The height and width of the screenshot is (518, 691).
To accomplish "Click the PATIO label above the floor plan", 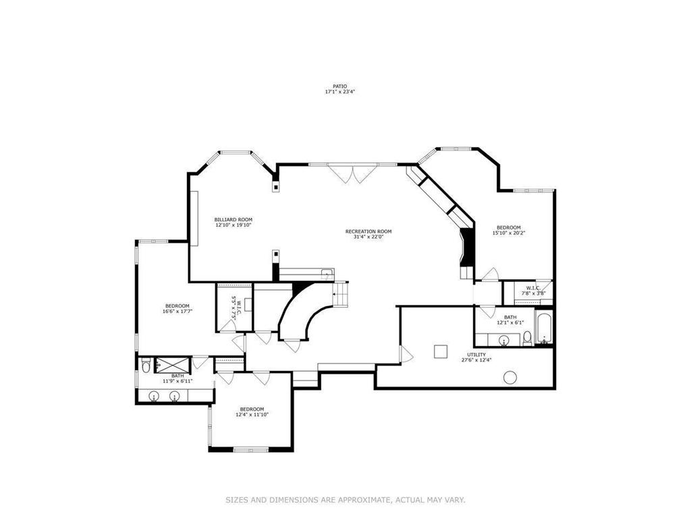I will [339, 86].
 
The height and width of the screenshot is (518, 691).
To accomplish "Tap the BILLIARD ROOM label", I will [233, 220].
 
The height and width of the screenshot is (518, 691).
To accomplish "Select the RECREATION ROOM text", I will [368, 231].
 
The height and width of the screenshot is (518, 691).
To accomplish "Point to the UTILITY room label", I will [476, 355].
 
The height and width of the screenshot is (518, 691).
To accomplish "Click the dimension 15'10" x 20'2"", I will [509, 233].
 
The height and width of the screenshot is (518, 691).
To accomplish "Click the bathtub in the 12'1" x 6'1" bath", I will [545, 327].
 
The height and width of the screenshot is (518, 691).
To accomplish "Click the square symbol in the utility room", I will [441, 351].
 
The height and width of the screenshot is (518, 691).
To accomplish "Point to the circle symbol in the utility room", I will [509, 377].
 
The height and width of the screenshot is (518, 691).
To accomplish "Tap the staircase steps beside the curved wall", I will [340, 294].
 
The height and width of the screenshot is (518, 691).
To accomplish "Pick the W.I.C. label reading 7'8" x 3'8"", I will [530, 291].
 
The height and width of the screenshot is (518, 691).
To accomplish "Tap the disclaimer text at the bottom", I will [345, 500].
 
